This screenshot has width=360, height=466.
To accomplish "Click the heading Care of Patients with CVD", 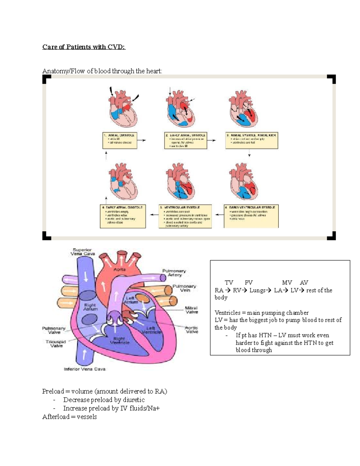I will pyautogui.click(x=84, y=47).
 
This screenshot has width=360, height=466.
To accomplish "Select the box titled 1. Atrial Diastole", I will pyautogui.click(x=120, y=141).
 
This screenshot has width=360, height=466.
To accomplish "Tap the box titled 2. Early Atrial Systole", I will pyautogui.click(x=185, y=141).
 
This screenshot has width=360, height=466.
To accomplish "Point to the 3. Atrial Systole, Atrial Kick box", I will pyautogui.click(x=251, y=141).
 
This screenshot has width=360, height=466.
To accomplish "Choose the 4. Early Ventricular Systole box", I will pyautogui.click(x=251, y=216).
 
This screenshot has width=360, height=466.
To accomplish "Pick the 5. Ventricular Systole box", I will pyautogui.click(x=185, y=216).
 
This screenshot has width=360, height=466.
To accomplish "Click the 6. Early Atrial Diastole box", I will pyautogui.click(x=123, y=216).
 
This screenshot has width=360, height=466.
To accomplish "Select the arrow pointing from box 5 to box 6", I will pyautogui.click(x=154, y=215).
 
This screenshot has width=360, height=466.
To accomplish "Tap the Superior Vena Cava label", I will pyautogui.click(x=82, y=252).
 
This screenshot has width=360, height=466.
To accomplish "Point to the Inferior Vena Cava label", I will pyautogui.click(x=85, y=369).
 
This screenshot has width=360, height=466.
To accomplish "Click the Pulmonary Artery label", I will pyautogui.click(x=174, y=273).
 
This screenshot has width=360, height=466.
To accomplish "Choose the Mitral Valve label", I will pyautogui.click(x=191, y=310).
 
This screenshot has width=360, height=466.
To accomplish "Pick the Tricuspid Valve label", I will pyautogui.click(x=56, y=344).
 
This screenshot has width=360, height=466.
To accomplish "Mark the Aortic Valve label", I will pyautogui.click(x=191, y=330).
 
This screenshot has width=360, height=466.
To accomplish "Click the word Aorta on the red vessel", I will pyautogui.click(x=119, y=269).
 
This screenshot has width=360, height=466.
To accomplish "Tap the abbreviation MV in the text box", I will pyautogui.click(x=287, y=283).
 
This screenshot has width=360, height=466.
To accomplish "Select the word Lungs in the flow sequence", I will pyautogui.click(x=257, y=290).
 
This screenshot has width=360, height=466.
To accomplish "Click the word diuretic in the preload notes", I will pyautogui.click(x=134, y=400).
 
